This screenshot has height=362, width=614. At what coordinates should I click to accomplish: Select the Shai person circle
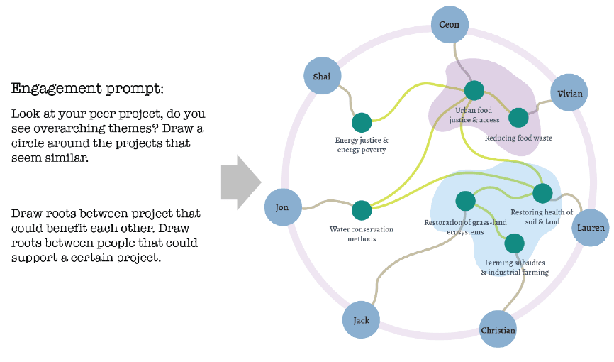322,77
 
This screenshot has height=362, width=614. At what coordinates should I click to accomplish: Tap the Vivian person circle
569,93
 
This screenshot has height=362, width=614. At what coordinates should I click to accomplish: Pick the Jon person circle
281,207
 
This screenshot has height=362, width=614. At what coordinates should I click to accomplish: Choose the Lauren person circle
591,227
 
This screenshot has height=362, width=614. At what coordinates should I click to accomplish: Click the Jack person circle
362,320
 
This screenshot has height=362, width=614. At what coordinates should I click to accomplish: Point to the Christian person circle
498,330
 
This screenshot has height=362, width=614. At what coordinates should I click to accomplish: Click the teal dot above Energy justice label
362,122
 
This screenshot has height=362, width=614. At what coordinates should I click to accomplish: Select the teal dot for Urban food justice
474,90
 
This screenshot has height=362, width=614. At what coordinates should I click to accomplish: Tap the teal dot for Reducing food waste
518,117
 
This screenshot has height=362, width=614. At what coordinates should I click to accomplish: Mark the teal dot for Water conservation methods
362,210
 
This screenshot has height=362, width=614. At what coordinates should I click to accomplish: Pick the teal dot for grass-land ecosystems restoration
465,202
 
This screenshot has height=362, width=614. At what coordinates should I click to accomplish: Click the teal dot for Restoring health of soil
542,192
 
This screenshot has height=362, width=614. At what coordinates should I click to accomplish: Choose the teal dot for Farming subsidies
514,244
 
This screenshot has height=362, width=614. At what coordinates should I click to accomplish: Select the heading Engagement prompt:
87,89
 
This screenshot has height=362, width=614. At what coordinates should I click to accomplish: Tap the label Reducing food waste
518,138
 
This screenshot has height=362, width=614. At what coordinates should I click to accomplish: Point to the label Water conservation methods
362,234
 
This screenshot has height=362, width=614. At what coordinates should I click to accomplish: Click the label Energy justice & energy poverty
362,145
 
